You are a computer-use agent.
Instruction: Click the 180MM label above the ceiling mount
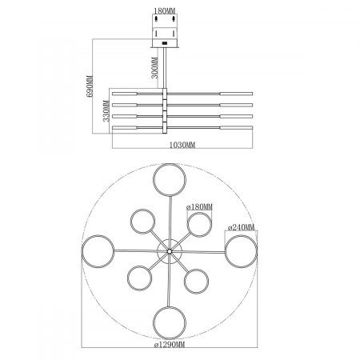(x=165, y=11)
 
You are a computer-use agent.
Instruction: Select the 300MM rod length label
(x=155, y=68)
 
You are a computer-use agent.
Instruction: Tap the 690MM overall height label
(x=90, y=86)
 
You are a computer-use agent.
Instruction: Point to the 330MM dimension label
(x=106, y=110)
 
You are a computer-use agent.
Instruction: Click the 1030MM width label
(x=182, y=145)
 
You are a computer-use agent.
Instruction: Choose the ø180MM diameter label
(x=200, y=206)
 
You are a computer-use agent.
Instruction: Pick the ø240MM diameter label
(x=242, y=227)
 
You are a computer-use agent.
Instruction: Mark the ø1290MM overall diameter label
(x=170, y=345)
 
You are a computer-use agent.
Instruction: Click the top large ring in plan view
(x=170, y=164)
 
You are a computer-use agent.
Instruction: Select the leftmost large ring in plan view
(x=82, y=251)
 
